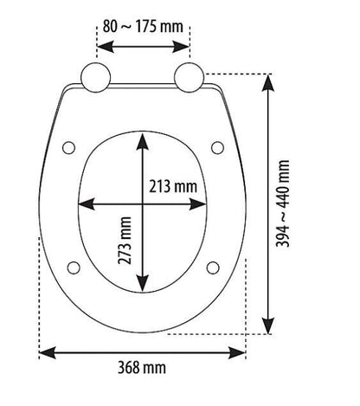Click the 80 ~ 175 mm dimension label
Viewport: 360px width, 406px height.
(x=143, y=27)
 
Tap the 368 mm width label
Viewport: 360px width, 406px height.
(x=142, y=368)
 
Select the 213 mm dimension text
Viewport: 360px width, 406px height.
(x=173, y=186)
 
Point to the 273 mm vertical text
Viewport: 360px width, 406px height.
(x=125, y=241)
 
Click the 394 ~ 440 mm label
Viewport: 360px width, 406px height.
(x=282, y=203)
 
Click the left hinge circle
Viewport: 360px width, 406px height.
(x=95, y=77)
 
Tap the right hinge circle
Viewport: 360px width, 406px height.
(x=190, y=77)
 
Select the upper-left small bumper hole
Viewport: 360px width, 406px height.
(x=69, y=147)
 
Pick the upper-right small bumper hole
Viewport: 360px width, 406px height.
(x=217, y=147)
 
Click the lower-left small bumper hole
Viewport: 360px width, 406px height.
(x=74, y=267)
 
